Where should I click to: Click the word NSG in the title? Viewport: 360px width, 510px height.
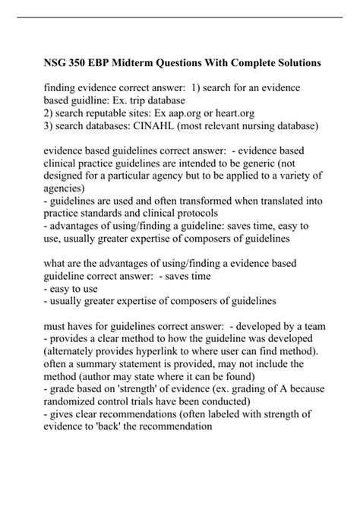[x=58, y=60]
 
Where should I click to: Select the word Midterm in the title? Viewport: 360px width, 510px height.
[x=142, y=60]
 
